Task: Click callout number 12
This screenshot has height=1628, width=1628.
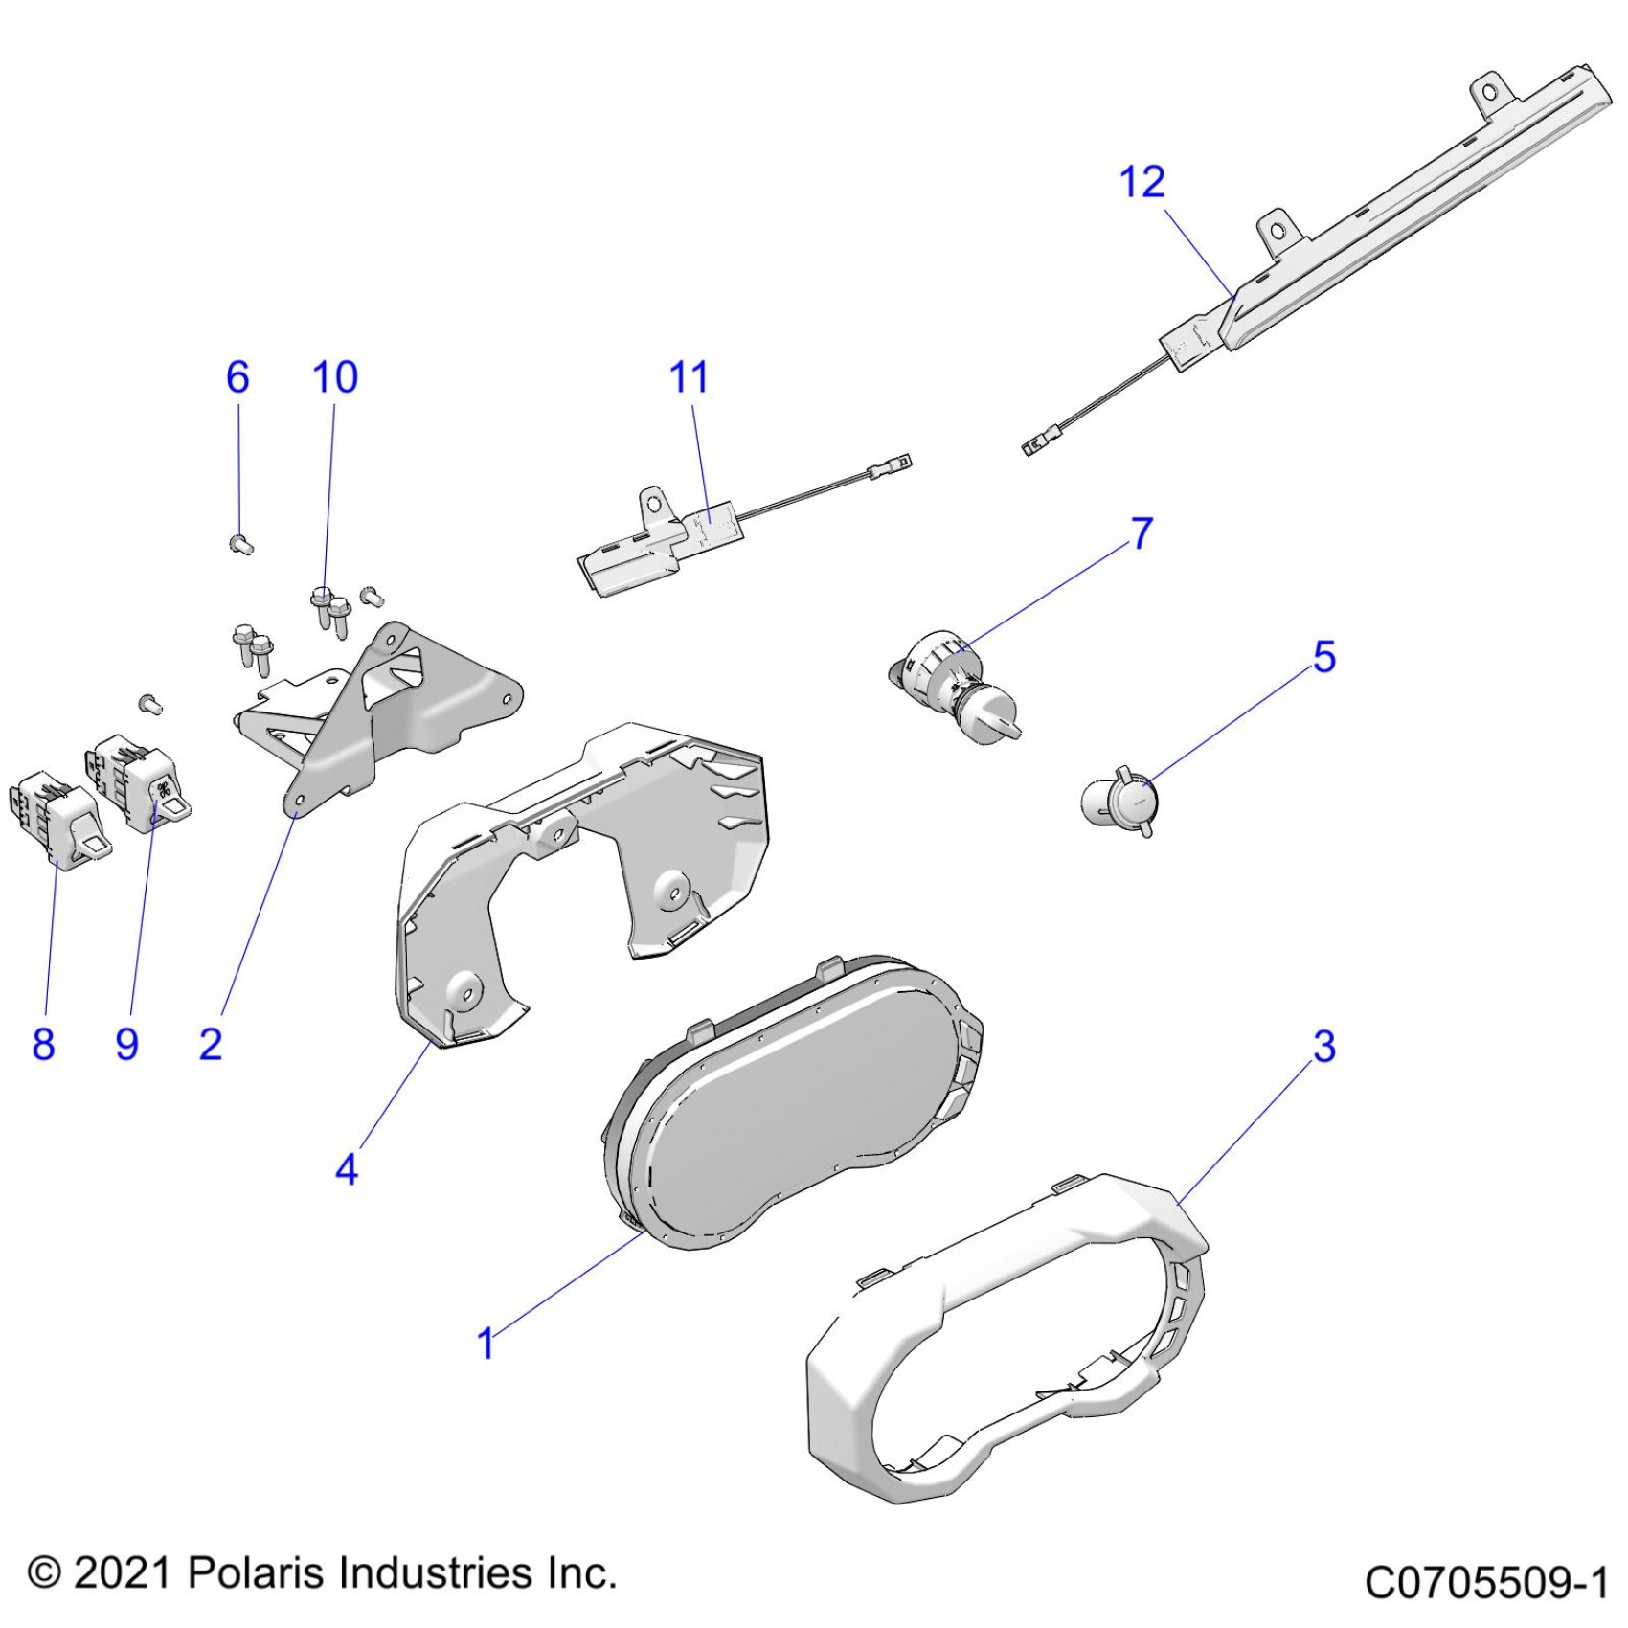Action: click(1142, 182)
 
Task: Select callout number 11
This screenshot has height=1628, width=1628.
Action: click(689, 377)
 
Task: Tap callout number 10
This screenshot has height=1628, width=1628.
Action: click(335, 377)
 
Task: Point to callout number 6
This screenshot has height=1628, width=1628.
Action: click(237, 377)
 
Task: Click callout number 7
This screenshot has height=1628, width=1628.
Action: click(1142, 533)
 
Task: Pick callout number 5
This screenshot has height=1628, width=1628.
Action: click(1323, 657)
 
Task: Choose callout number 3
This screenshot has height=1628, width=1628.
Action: click(1323, 1046)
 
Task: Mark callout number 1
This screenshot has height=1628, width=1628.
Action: click(486, 1343)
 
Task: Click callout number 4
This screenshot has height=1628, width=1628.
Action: click(347, 1169)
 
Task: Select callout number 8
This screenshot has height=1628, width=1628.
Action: click(43, 1043)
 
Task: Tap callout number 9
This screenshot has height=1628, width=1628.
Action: click(126, 1043)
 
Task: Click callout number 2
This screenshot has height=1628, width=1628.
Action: click(211, 1043)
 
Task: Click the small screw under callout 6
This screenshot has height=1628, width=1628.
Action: click(241, 546)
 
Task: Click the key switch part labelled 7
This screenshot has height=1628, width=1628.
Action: click(953, 685)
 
